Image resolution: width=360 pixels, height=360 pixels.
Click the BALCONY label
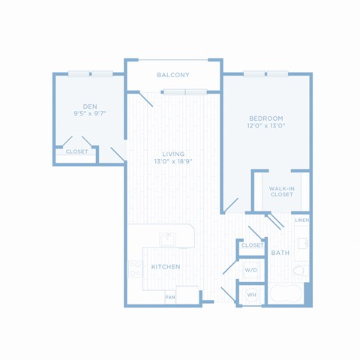173,75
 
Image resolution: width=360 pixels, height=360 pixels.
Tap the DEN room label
90,106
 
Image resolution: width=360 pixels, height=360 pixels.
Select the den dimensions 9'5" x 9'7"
90,113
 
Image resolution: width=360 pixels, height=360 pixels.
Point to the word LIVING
173,154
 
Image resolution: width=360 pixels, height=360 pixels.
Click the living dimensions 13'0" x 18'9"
173,161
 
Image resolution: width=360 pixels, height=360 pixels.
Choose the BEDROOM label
266,118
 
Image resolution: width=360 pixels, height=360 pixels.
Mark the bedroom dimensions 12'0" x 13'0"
266,125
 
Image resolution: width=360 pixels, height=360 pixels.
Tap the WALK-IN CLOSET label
282,191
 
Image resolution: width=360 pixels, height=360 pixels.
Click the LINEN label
302,220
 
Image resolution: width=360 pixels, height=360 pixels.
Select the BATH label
280,253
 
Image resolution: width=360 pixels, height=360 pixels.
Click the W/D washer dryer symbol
250,270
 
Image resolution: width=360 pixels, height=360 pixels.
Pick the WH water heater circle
252,295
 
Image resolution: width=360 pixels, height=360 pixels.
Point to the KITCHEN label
166,267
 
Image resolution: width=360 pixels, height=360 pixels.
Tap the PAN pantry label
170,297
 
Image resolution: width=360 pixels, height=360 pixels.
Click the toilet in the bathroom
301,271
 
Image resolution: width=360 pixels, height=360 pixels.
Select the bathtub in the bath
286,294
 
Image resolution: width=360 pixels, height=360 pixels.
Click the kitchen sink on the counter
168,239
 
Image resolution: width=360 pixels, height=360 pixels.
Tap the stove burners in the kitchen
135,269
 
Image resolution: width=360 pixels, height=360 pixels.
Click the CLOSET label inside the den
76,151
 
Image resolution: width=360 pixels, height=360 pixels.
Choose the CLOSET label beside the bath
253,245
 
